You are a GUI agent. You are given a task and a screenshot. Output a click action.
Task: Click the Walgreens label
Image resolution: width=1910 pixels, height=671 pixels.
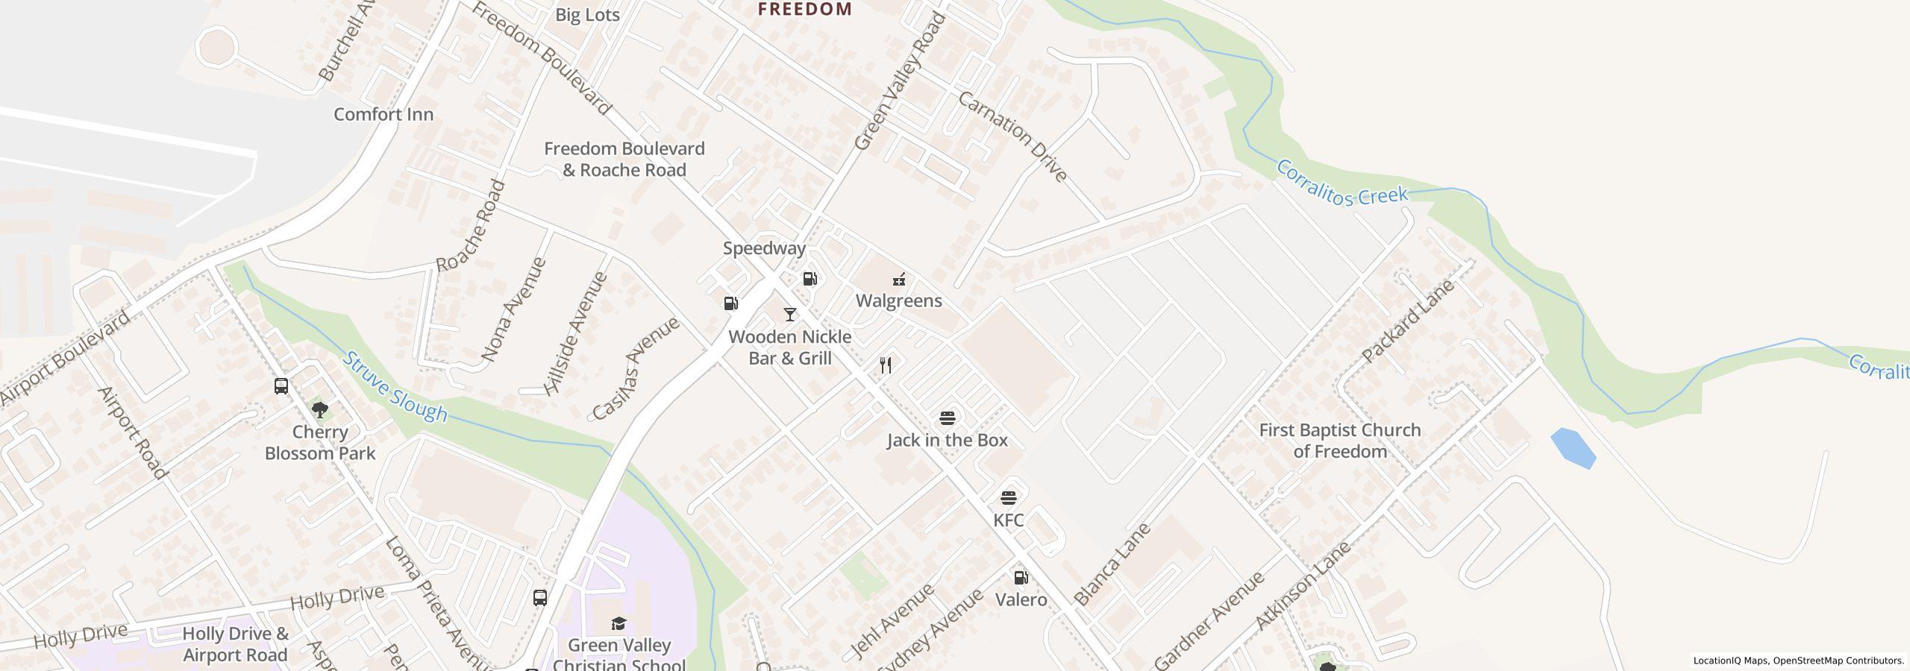point(898,300)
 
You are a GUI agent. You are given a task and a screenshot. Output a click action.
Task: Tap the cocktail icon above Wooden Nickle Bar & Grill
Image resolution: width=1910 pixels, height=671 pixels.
point(789,314)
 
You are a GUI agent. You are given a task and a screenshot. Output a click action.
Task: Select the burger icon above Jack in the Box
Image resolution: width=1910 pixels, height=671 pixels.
point(947,418)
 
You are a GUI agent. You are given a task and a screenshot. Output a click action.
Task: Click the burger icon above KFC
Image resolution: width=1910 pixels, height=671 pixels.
point(1008,497)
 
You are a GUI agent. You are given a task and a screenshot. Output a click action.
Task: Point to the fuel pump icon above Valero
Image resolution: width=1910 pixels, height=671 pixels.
point(1020,577)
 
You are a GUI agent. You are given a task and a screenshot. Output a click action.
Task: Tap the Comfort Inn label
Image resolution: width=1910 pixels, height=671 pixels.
point(383,114)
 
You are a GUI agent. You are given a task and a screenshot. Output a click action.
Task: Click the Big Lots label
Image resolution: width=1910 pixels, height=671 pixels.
point(587,15)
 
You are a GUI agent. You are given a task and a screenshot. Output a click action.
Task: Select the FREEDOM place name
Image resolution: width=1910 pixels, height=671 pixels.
point(804,9)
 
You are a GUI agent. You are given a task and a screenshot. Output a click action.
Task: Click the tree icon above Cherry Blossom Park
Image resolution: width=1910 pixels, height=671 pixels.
point(320,409)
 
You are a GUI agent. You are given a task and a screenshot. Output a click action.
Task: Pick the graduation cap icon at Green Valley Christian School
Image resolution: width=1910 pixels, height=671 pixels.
point(619,623)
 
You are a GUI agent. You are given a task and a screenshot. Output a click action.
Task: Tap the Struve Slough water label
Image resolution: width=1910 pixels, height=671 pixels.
point(395,387)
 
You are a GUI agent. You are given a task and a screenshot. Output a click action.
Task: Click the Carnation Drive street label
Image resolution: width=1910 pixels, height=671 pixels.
point(1012,136)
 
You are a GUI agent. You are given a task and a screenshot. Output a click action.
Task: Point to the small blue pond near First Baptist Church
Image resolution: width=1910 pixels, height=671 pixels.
point(1573,448)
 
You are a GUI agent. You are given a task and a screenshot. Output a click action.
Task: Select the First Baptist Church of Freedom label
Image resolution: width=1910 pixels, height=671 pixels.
point(1339,441)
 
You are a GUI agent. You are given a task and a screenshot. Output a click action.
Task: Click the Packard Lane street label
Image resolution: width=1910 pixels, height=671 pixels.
point(1407,321)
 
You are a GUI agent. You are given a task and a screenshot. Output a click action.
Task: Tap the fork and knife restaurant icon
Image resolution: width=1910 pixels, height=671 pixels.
point(886,365)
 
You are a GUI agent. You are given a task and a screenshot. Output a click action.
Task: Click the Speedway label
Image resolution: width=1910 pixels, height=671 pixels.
point(764,248)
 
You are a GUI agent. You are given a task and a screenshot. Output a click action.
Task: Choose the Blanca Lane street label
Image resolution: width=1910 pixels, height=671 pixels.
point(1112,564)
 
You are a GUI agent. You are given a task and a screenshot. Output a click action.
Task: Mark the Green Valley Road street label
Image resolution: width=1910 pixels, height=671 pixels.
point(899,82)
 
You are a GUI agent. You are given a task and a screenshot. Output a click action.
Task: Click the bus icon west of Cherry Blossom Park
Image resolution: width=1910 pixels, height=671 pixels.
point(281,386)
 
